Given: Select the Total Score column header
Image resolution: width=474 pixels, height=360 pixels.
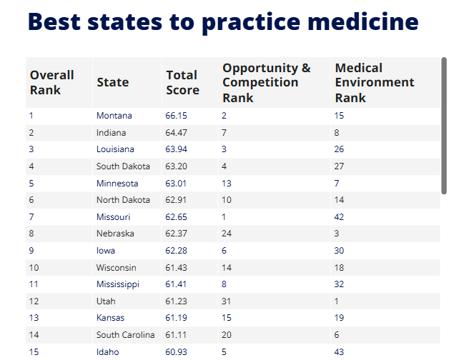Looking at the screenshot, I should (x=182, y=82).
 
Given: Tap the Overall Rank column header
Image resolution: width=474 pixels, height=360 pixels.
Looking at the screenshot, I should (x=51, y=82).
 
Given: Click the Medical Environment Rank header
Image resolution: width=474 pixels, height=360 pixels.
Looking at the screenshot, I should (x=375, y=82).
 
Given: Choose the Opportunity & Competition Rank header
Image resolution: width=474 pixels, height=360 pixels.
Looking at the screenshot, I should (x=266, y=82).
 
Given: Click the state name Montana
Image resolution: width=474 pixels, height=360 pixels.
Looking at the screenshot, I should (x=114, y=116).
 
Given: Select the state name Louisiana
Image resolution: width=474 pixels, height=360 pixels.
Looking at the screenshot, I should (x=115, y=149).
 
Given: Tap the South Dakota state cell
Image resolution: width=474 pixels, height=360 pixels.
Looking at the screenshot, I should (x=123, y=166).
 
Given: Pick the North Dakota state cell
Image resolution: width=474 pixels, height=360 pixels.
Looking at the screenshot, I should (x=123, y=200).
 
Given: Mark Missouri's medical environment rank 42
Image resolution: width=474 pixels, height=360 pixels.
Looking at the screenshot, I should (x=340, y=217).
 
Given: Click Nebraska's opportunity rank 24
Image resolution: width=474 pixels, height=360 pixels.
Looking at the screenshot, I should (x=227, y=234).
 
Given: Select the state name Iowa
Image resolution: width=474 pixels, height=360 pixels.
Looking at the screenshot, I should (x=106, y=251).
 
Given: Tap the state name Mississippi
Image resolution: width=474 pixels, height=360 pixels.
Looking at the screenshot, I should (x=118, y=284).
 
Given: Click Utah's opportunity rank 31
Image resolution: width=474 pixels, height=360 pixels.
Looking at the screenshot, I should (x=227, y=301).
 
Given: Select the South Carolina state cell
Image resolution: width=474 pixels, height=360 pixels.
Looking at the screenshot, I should (x=125, y=335).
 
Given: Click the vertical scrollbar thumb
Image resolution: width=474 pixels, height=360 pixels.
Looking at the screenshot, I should (x=444, y=125).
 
